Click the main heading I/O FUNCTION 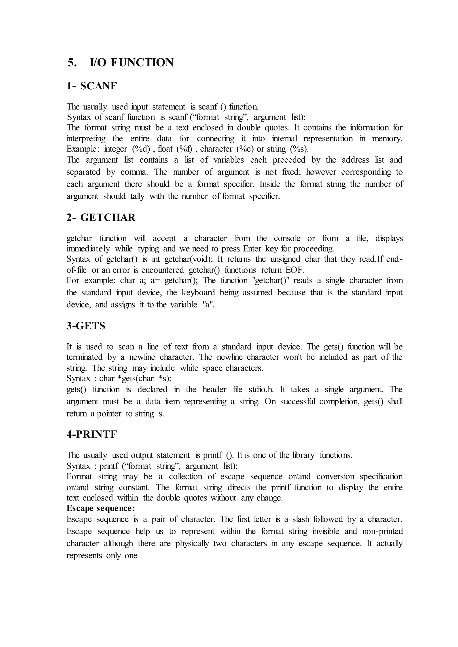click(x=131, y=63)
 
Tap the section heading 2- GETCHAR click(x=101, y=218)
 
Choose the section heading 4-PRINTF click(x=91, y=434)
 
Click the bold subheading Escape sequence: click(x=101, y=508)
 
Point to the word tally click(x=137, y=196)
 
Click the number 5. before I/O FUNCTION click(x=72, y=63)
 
